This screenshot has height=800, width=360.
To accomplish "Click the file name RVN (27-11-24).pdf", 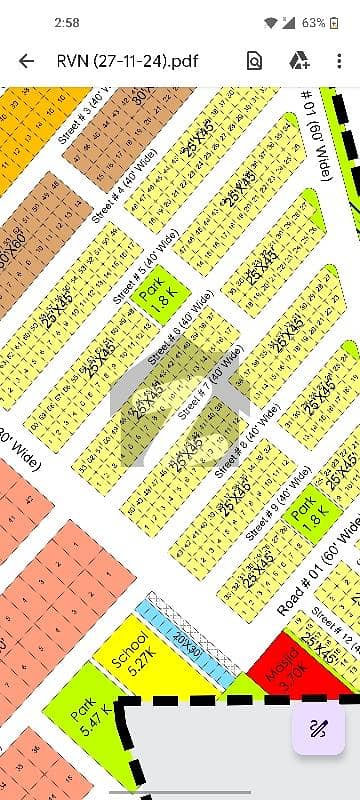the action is click(127, 61).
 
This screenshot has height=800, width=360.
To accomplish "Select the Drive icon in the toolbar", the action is click(298, 61).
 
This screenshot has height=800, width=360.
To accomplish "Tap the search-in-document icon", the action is click(254, 61).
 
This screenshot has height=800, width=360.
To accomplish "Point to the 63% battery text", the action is click(314, 21).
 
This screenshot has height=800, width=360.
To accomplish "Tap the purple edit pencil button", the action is click(318, 728).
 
